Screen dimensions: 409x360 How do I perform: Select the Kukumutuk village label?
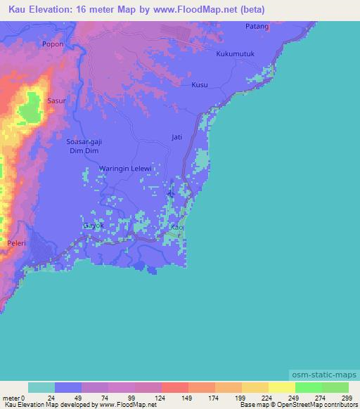[x=235, y=54]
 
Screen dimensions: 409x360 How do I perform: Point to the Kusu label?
[x=200, y=84]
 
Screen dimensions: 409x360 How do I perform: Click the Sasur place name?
[x=56, y=100]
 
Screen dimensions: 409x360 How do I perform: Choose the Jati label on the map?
[x=177, y=137]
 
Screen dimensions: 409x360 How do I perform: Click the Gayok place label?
[x=94, y=226]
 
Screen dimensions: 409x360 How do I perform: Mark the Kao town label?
[x=177, y=228]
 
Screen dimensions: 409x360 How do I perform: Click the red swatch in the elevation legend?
[x=175, y=387]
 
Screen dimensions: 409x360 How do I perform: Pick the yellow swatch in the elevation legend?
[x=281, y=387]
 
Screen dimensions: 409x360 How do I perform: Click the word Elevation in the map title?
[x=51, y=11]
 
